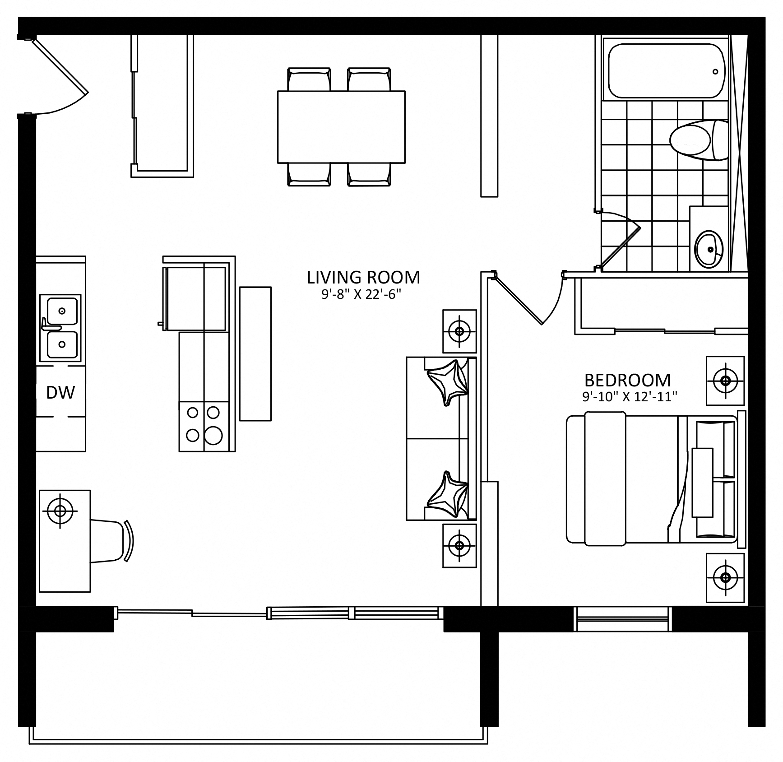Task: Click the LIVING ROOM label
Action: coord(363,277)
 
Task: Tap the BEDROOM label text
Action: coord(627,380)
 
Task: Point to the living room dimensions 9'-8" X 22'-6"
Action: coord(361,295)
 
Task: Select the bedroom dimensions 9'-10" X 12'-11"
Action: coord(630,397)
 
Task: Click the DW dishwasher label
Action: coord(60,393)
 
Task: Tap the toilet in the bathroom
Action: coord(699,140)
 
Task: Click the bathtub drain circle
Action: coord(715,72)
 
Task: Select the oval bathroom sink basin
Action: coord(709,249)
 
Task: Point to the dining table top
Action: coord(341,127)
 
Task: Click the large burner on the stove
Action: coord(213,436)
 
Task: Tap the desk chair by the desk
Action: coord(111,541)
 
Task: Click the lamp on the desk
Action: coord(60,511)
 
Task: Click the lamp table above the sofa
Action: coord(459,331)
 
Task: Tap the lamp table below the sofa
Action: coord(459,545)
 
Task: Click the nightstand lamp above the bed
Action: coord(725,381)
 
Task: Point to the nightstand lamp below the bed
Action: coord(725,577)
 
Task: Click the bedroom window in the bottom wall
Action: coord(622,619)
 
